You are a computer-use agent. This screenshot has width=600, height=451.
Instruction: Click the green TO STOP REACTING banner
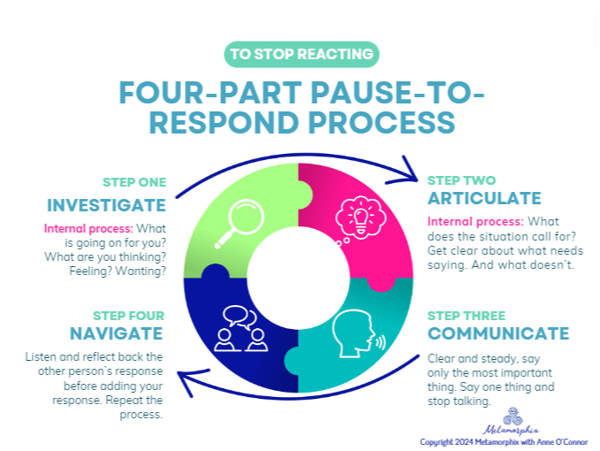pyautogui.click(x=300, y=54)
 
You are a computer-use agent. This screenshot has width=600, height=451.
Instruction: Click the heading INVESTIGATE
pyautogui.click(x=106, y=205)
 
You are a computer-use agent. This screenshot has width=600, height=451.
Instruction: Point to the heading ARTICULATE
pyautogui.click(x=483, y=197)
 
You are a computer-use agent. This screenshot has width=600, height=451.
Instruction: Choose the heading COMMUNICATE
pyautogui.click(x=498, y=333)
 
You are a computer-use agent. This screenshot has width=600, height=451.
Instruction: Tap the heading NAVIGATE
pyautogui.click(x=116, y=333)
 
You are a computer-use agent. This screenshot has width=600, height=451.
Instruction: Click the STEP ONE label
pyautogui.click(x=134, y=182)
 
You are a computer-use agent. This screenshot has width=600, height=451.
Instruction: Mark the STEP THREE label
pyautogui.click(x=466, y=315)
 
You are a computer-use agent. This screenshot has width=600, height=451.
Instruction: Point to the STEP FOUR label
pyautogui.click(x=129, y=315)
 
